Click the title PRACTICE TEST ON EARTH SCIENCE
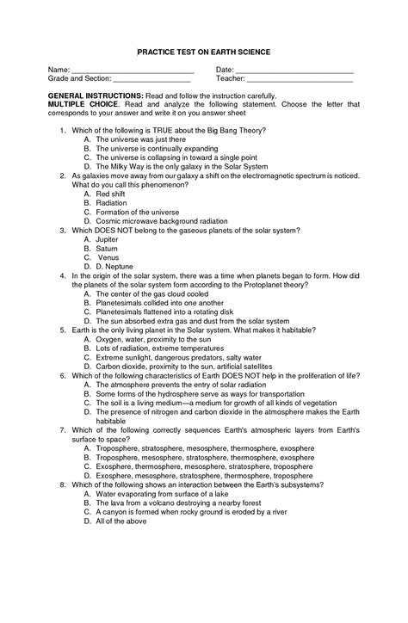pos(204,52)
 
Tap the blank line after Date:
pos(294,71)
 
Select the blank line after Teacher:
pos(300,80)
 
